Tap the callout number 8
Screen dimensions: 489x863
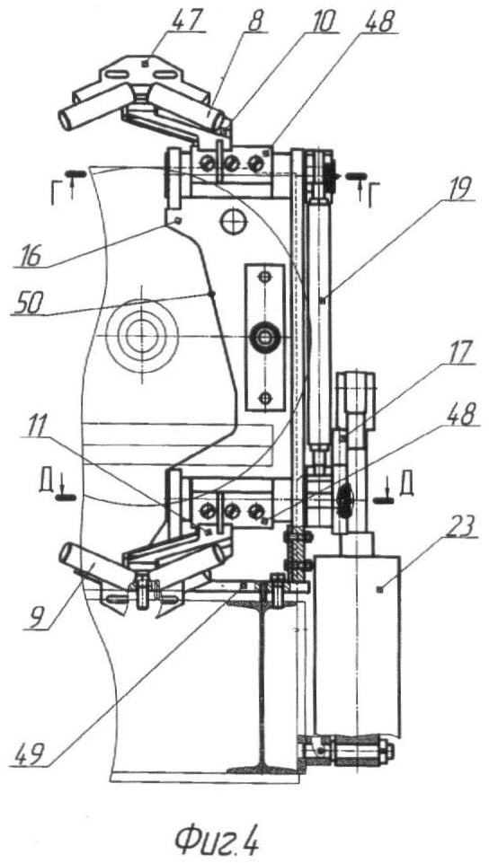coord(255,21)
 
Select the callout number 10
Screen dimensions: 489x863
coord(321,21)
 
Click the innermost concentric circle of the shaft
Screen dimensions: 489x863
coord(141,334)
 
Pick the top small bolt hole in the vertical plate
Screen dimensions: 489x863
coord(265,276)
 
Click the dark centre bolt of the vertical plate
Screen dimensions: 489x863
coord(265,336)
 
